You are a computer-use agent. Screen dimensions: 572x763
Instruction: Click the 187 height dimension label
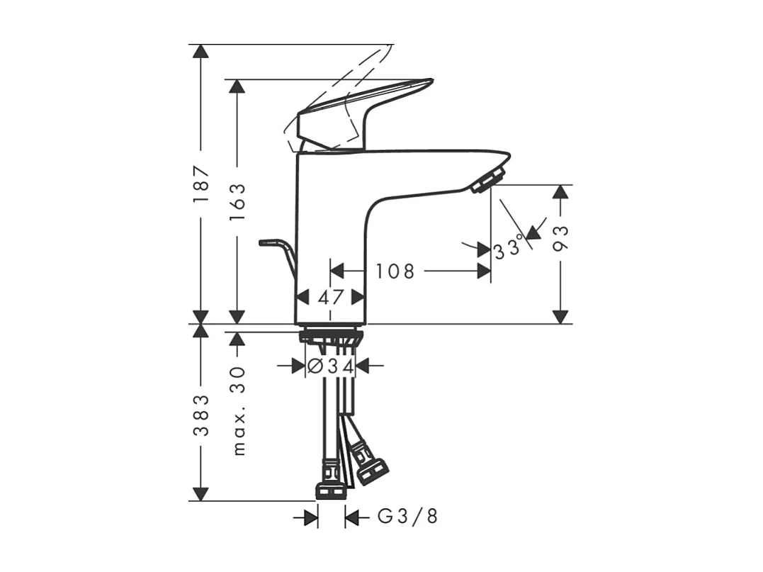tap(202, 185)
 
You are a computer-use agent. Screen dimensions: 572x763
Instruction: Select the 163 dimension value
tap(237, 201)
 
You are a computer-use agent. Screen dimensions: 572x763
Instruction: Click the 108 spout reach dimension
tap(395, 271)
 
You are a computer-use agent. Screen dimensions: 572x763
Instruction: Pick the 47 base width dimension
tap(330, 297)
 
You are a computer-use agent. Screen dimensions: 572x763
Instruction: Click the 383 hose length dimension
tap(202, 415)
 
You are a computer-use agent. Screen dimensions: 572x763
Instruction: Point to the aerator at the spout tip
tap(488, 179)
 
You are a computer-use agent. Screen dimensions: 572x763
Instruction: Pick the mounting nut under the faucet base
tap(331, 335)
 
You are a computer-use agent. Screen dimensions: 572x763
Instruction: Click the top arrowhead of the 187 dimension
tap(202, 52)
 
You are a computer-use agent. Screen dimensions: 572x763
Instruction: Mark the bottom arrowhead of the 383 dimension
tap(202, 493)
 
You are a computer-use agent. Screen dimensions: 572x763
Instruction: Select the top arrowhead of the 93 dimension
tap(561, 192)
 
